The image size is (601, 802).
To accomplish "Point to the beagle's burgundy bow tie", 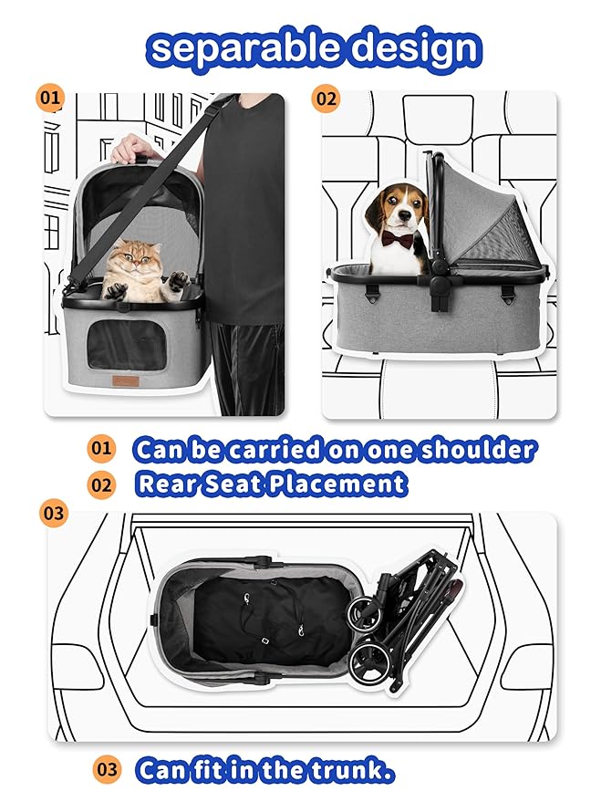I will [x=397, y=239].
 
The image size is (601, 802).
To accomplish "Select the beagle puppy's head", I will [x=394, y=209].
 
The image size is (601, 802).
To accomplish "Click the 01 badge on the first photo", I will [x=51, y=97].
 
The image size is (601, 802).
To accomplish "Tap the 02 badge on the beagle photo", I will [x=326, y=97].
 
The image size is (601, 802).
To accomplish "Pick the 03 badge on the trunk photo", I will [x=54, y=513].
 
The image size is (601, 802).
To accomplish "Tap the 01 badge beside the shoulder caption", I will [x=100, y=449].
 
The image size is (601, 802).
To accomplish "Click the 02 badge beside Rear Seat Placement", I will [x=100, y=484].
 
